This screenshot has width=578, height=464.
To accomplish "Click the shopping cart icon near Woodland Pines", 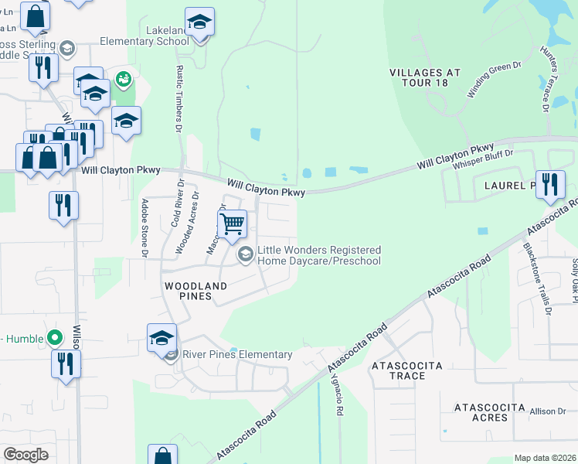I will point(233,224).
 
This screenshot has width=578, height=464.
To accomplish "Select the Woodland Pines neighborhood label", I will point(196,291).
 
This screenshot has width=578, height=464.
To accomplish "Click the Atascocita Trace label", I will point(407,370).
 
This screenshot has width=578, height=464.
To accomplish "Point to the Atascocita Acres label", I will point(480,412).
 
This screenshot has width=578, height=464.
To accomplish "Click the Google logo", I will point(25,455).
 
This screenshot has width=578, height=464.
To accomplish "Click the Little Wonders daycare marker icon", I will point(246,254).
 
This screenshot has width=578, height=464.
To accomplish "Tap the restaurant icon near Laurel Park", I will point(550,184).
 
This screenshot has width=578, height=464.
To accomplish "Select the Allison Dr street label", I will point(547,411).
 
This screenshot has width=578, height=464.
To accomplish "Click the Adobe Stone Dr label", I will point(144,227).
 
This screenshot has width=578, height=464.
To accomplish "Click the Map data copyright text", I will point(545,458).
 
